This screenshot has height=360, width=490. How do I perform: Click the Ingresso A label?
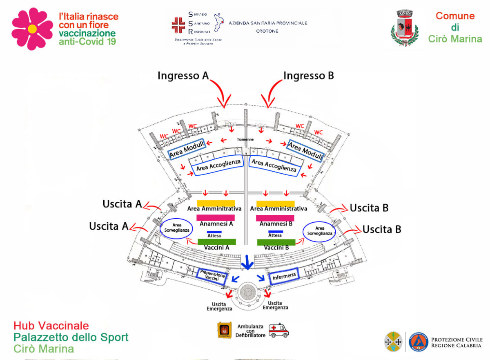click(183, 76)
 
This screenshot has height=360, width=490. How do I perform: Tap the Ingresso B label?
click(309, 76)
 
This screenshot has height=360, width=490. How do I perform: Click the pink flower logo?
click(32, 29)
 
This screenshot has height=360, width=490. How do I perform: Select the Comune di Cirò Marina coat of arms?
click(404, 28)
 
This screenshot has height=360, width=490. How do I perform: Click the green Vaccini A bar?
click(216, 242)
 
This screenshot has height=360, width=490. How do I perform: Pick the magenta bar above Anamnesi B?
click(275, 218)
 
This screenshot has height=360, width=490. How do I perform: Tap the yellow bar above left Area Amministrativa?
click(216, 203)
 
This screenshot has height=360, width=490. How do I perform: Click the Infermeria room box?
click(284, 276)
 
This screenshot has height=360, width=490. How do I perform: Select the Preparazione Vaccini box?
click(212, 276)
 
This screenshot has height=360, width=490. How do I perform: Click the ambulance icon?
click(279, 330)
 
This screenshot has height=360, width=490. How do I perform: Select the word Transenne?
click(245, 139)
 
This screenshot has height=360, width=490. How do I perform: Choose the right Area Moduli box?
click(305, 150)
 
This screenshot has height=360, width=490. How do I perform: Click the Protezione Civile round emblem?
click(418, 342)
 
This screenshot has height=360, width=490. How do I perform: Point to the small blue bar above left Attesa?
click(214, 232)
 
